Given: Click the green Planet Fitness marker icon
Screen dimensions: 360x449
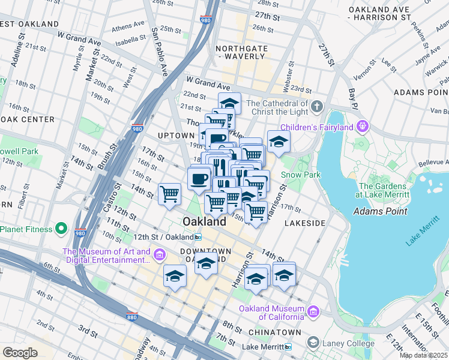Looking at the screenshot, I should click(x=61, y=229).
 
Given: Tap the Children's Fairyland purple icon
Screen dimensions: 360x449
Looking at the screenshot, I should click(x=362, y=126).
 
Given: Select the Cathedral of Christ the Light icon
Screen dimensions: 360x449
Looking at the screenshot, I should click(x=318, y=107).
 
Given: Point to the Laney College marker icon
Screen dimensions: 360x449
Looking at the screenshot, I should click(x=313, y=343).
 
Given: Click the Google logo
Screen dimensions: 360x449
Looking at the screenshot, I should click(x=20, y=353).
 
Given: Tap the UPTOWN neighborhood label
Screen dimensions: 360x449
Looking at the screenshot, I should click(x=175, y=136).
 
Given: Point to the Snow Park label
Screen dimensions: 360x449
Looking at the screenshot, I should click(x=298, y=175).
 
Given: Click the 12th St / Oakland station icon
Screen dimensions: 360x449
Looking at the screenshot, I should click(x=198, y=237).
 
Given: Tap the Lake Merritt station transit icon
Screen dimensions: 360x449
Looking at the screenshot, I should click(x=288, y=347).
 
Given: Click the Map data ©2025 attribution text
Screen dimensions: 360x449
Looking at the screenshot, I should click(x=424, y=355).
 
